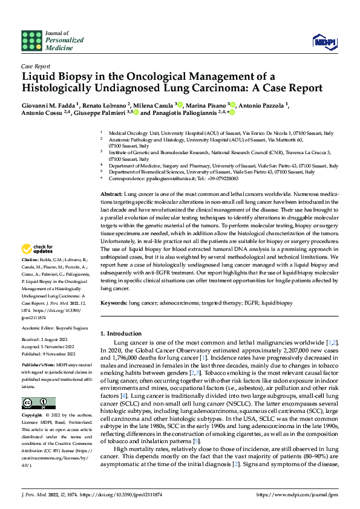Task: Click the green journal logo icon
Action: click(31, 40)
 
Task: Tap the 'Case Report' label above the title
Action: click(36, 66)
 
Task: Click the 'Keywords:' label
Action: click(114, 302)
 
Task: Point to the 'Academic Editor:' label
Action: click(38, 327)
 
